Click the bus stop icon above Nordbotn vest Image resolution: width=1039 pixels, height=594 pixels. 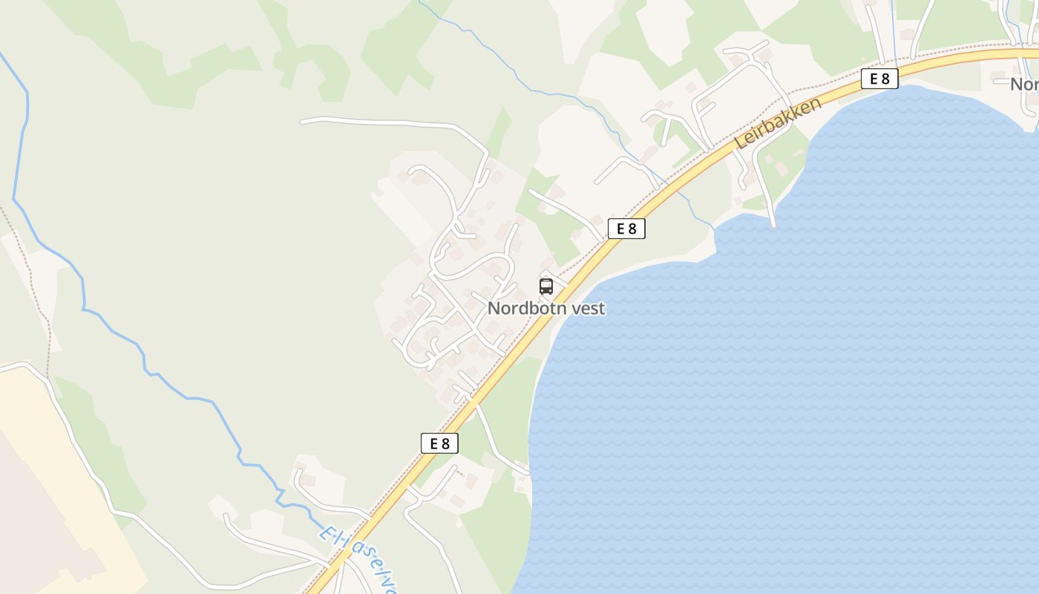click(546, 287)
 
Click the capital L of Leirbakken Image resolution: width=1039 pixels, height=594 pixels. click(739, 143)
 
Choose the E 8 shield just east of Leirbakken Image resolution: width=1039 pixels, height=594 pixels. click(879, 79)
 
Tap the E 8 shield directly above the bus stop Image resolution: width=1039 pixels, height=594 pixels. click(626, 229)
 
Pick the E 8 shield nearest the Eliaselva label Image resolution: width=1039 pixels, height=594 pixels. click(439, 443)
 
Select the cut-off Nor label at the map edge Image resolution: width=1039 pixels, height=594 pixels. click(1024, 85)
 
